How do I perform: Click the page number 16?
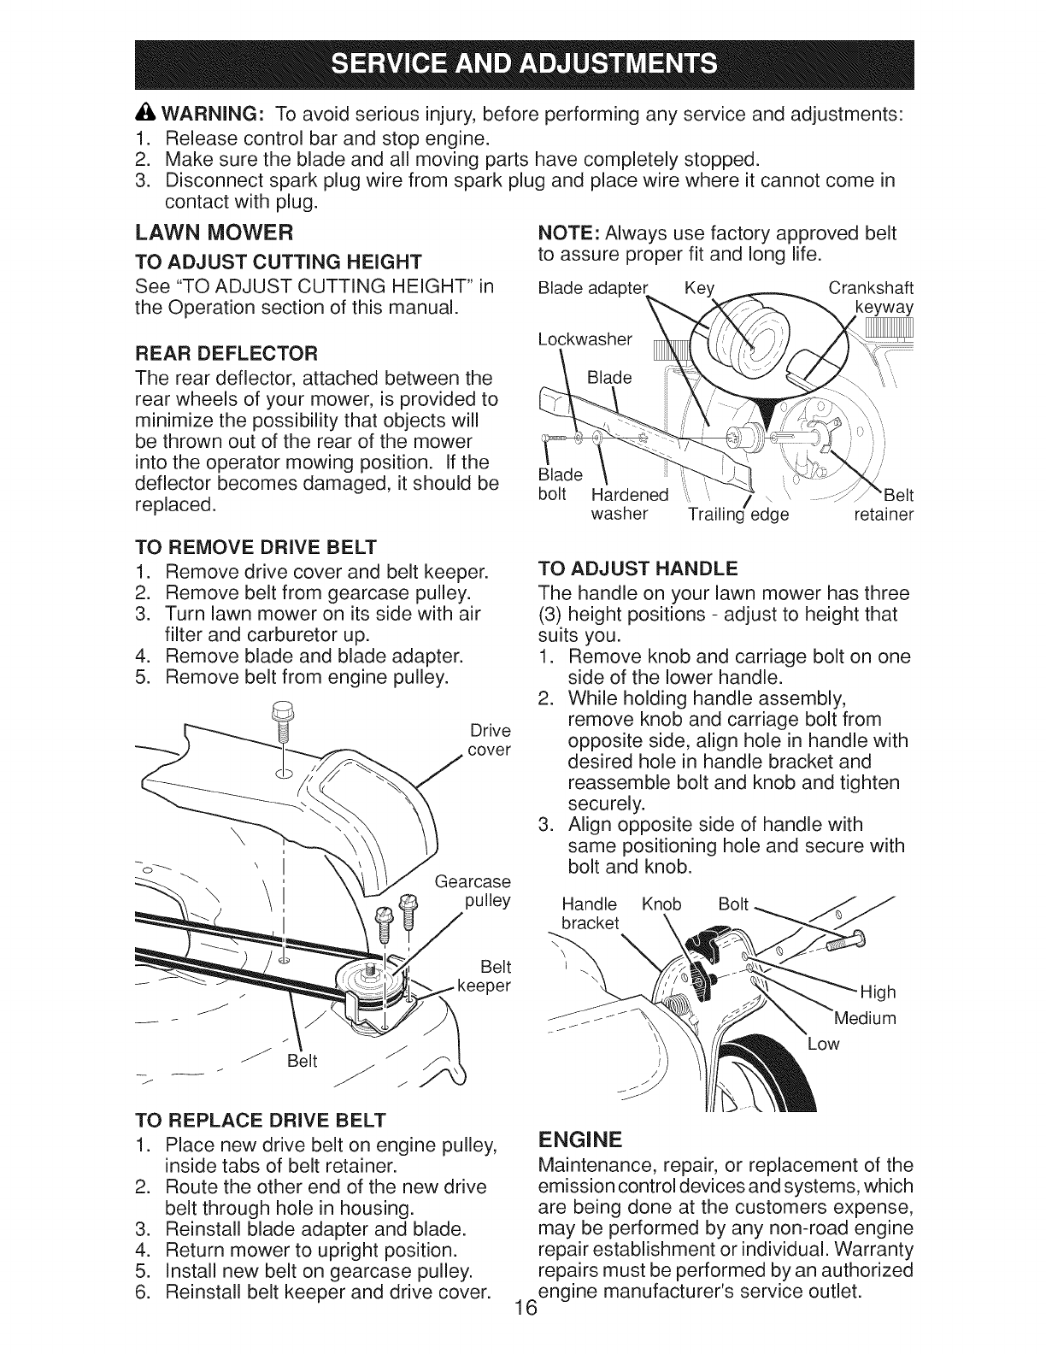point(523,1331)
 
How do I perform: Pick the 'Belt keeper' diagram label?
point(486,976)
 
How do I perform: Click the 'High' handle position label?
point(878,992)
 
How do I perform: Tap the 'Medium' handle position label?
point(864,1018)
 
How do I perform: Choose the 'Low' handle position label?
point(824,1044)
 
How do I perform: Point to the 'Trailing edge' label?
point(738,515)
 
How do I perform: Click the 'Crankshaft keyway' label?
point(872,297)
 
